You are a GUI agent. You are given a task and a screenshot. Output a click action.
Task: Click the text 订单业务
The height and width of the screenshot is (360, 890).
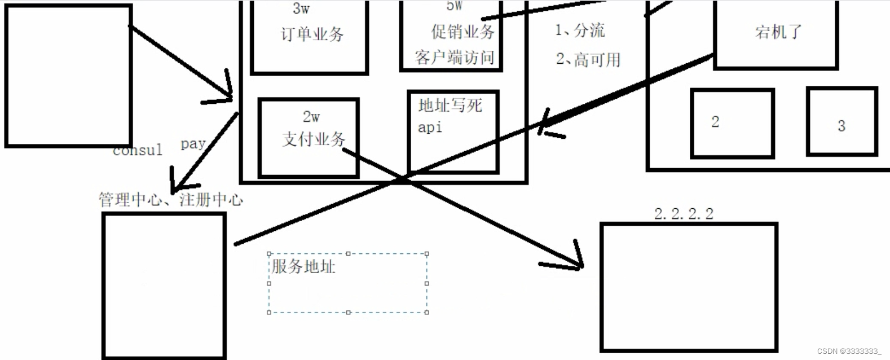click(x=312, y=34)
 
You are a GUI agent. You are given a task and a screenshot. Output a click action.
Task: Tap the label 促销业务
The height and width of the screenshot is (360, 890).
click(x=462, y=32)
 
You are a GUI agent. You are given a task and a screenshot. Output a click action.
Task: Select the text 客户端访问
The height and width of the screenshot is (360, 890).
click(x=455, y=57)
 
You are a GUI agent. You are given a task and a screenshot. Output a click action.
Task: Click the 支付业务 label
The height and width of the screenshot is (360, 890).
click(x=314, y=139)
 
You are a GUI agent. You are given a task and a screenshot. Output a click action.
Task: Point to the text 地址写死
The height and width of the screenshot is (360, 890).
click(x=450, y=106)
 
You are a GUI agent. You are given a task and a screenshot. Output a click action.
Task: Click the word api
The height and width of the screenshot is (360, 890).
click(x=430, y=128)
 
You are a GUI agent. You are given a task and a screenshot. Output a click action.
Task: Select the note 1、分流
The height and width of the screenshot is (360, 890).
click(x=580, y=30)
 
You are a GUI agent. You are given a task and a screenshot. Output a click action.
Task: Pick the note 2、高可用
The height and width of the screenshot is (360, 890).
click(x=588, y=59)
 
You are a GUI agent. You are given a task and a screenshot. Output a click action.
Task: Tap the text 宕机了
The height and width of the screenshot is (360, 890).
click(x=778, y=32)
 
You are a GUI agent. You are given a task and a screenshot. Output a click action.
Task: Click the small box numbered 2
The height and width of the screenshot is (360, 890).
click(x=732, y=122)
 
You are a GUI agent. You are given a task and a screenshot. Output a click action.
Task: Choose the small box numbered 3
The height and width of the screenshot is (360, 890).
click(x=841, y=121)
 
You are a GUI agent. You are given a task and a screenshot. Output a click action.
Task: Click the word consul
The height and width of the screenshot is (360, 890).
click(x=137, y=151)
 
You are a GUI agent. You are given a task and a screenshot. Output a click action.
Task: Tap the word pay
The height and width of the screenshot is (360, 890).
click(x=192, y=144)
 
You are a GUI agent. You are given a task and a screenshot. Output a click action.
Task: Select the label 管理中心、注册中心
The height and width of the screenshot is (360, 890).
click(x=170, y=199)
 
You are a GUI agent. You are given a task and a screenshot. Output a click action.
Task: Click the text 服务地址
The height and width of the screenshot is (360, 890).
click(x=303, y=266)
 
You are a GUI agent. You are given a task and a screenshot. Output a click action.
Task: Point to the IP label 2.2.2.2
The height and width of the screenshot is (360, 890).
click(x=684, y=214)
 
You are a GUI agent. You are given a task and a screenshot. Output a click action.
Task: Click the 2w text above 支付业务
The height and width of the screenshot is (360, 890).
click(x=311, y=117)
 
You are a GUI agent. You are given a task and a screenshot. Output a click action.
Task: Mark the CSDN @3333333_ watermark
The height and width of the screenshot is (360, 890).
click(x=849, y=351)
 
